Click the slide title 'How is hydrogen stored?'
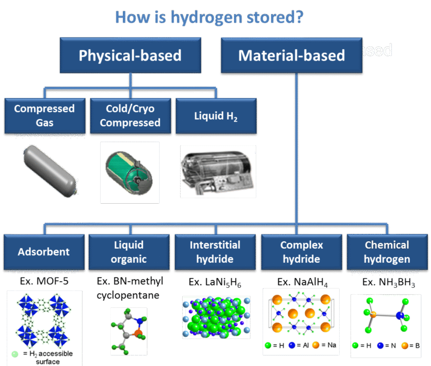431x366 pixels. [209, 17]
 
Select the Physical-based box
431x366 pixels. [130, 55]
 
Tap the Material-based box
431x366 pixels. [291, 55]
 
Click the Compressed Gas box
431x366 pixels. [45, 115]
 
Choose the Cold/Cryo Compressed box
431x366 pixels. [130, 115]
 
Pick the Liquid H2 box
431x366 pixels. [215, 116]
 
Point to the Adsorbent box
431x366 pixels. [44, 252]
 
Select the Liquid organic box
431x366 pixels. [129, 252]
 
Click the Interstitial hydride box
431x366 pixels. [215, 252]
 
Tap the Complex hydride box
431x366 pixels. [301, 252]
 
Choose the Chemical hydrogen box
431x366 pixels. [387, 252]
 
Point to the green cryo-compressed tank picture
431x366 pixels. [130, 172]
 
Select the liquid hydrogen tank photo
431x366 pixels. [218, 171]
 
